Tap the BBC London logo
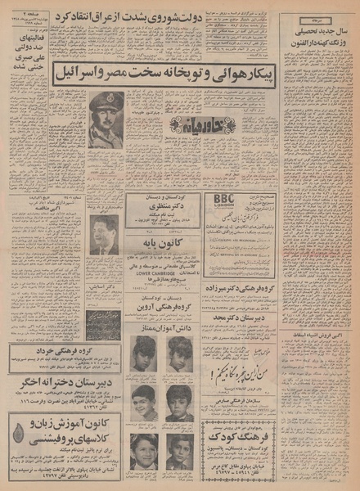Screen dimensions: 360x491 click(x=222, y=200)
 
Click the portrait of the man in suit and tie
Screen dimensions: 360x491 click(x=104, y=235)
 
